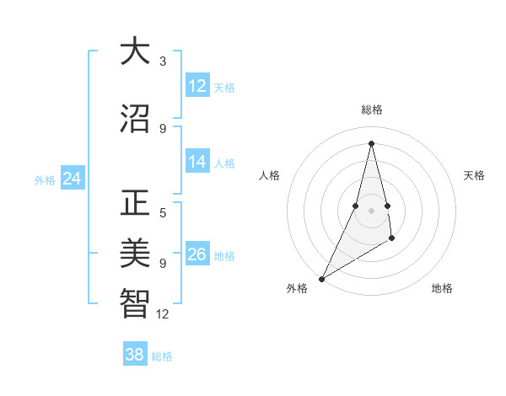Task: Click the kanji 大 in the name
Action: click(x=135, y=52)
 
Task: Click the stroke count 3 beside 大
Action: click(x=163, y=62)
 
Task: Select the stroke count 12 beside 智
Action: click(x=163, y=314)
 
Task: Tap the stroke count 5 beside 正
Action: click(x=163, y=213)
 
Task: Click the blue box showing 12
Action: click(x=197, y=86)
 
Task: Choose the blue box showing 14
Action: click(x=197, y=162)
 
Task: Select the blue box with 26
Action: click(x=197, y=254)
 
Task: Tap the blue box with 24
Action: click(x=73, y=179)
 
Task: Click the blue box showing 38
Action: click(x=135, y=355)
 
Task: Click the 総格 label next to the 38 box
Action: click(x=162, y=356)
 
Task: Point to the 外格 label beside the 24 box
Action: click(x=45, y=180)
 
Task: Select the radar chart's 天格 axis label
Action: click(x=475, y=175)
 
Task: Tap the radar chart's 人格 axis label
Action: click(x=270, y=175)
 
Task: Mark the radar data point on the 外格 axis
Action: click(x=321, y=278)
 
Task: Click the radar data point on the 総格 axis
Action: click(x=371, y=142)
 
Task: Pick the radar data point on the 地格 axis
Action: click(x=392, y=240)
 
